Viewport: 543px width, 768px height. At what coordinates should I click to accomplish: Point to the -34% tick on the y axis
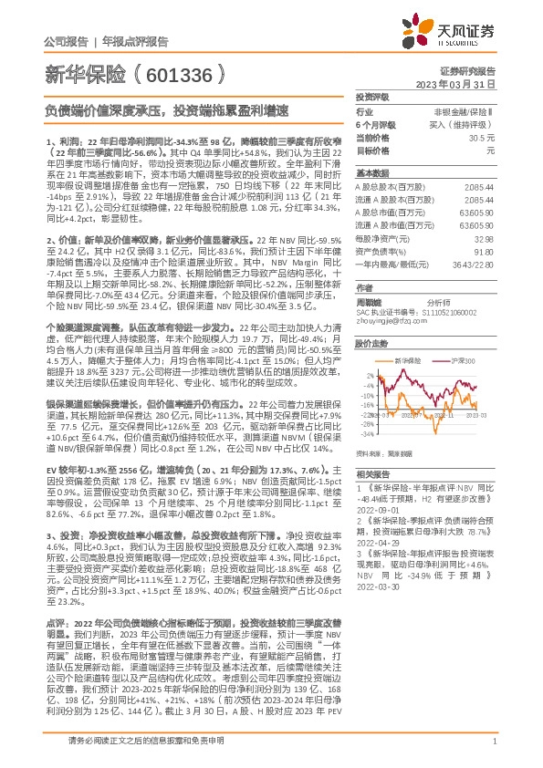366,444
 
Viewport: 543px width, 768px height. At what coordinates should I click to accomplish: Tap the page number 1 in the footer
494,753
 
